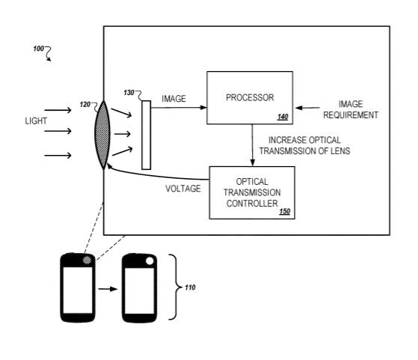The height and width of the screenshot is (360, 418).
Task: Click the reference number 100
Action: (38, 49)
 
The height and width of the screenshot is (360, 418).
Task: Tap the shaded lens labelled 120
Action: (102, 135)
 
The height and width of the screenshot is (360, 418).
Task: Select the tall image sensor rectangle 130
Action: (146, 135)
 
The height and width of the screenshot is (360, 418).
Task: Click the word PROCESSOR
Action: (250, 98)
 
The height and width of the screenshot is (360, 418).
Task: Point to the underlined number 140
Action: (283, 117)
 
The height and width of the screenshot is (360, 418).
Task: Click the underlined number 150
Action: (284, 212)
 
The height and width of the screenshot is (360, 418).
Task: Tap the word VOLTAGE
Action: (183, 189)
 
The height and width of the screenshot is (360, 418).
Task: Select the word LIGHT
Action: (36, 121)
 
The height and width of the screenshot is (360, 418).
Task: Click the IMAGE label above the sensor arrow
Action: (173, 99)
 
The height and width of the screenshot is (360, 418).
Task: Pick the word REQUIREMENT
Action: (351, 115)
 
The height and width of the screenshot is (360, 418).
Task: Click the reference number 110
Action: (190, 287)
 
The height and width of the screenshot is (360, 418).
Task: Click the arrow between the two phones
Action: (108, 289)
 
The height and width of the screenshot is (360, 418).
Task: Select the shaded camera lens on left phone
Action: (87, 260)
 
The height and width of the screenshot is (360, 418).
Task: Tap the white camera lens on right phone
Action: (150, 260)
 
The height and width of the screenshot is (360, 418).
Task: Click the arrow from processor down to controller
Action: (252, 145)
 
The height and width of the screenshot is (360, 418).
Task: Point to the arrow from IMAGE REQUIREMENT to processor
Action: (307, 108)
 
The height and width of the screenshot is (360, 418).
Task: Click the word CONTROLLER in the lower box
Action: (252, 204)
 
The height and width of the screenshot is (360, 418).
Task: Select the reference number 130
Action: (129, 93)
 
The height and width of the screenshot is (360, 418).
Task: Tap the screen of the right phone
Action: (139, 291)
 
